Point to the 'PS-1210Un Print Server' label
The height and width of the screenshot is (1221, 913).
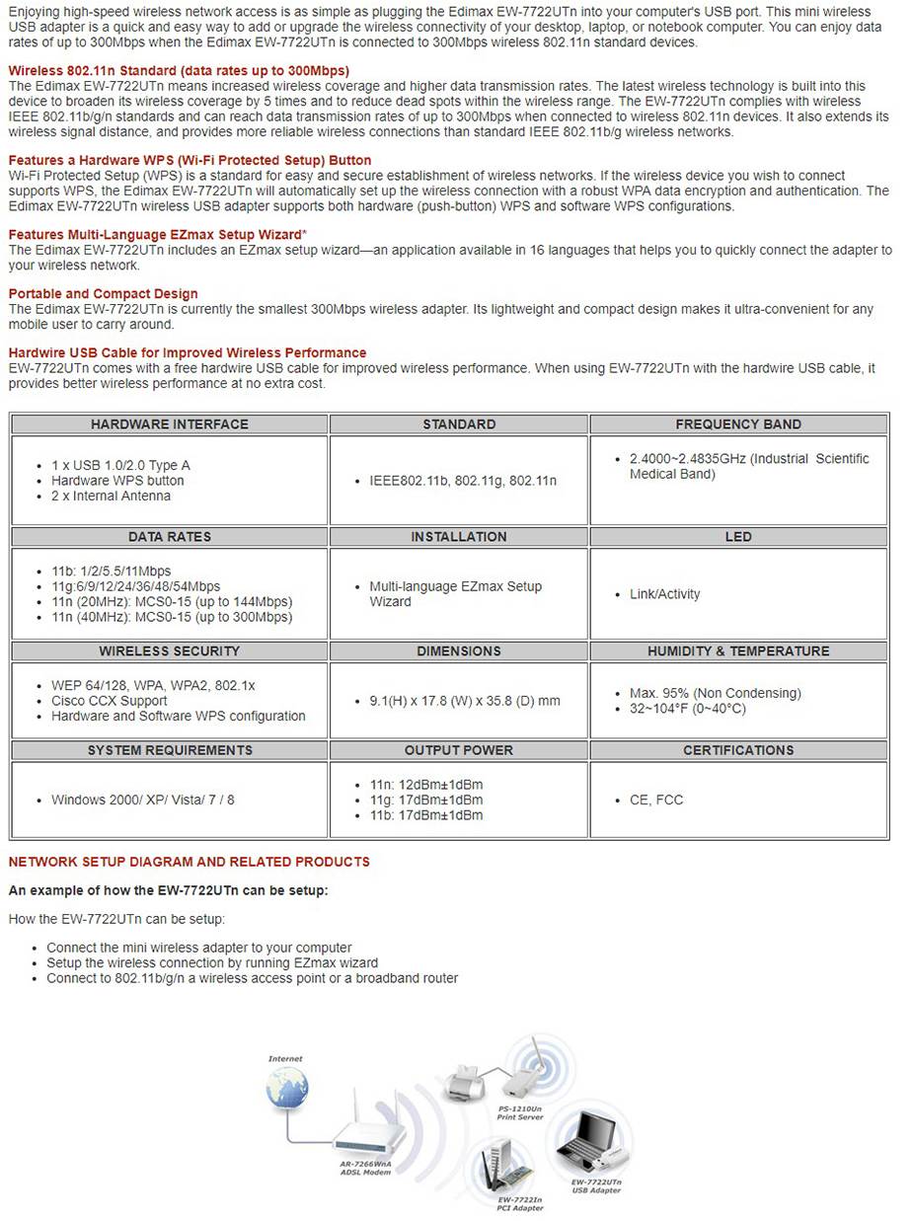519,1112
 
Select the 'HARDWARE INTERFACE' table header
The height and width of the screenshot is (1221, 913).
170,424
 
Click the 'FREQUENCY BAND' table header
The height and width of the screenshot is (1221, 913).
738,424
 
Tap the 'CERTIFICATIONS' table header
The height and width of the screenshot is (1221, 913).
738,750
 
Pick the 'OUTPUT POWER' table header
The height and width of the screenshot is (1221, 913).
459,750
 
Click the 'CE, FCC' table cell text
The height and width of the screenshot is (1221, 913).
656,800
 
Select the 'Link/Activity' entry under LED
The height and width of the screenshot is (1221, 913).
664,594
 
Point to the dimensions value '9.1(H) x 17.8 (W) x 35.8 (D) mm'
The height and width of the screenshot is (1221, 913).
464,701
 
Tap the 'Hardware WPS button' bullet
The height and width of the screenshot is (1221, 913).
117,481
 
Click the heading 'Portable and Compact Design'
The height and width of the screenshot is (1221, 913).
103,294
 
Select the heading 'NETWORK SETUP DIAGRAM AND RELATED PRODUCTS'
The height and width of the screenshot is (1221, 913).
189,862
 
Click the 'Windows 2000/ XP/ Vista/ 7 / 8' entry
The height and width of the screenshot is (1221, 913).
143,800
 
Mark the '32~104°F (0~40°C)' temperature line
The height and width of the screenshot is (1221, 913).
687,709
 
